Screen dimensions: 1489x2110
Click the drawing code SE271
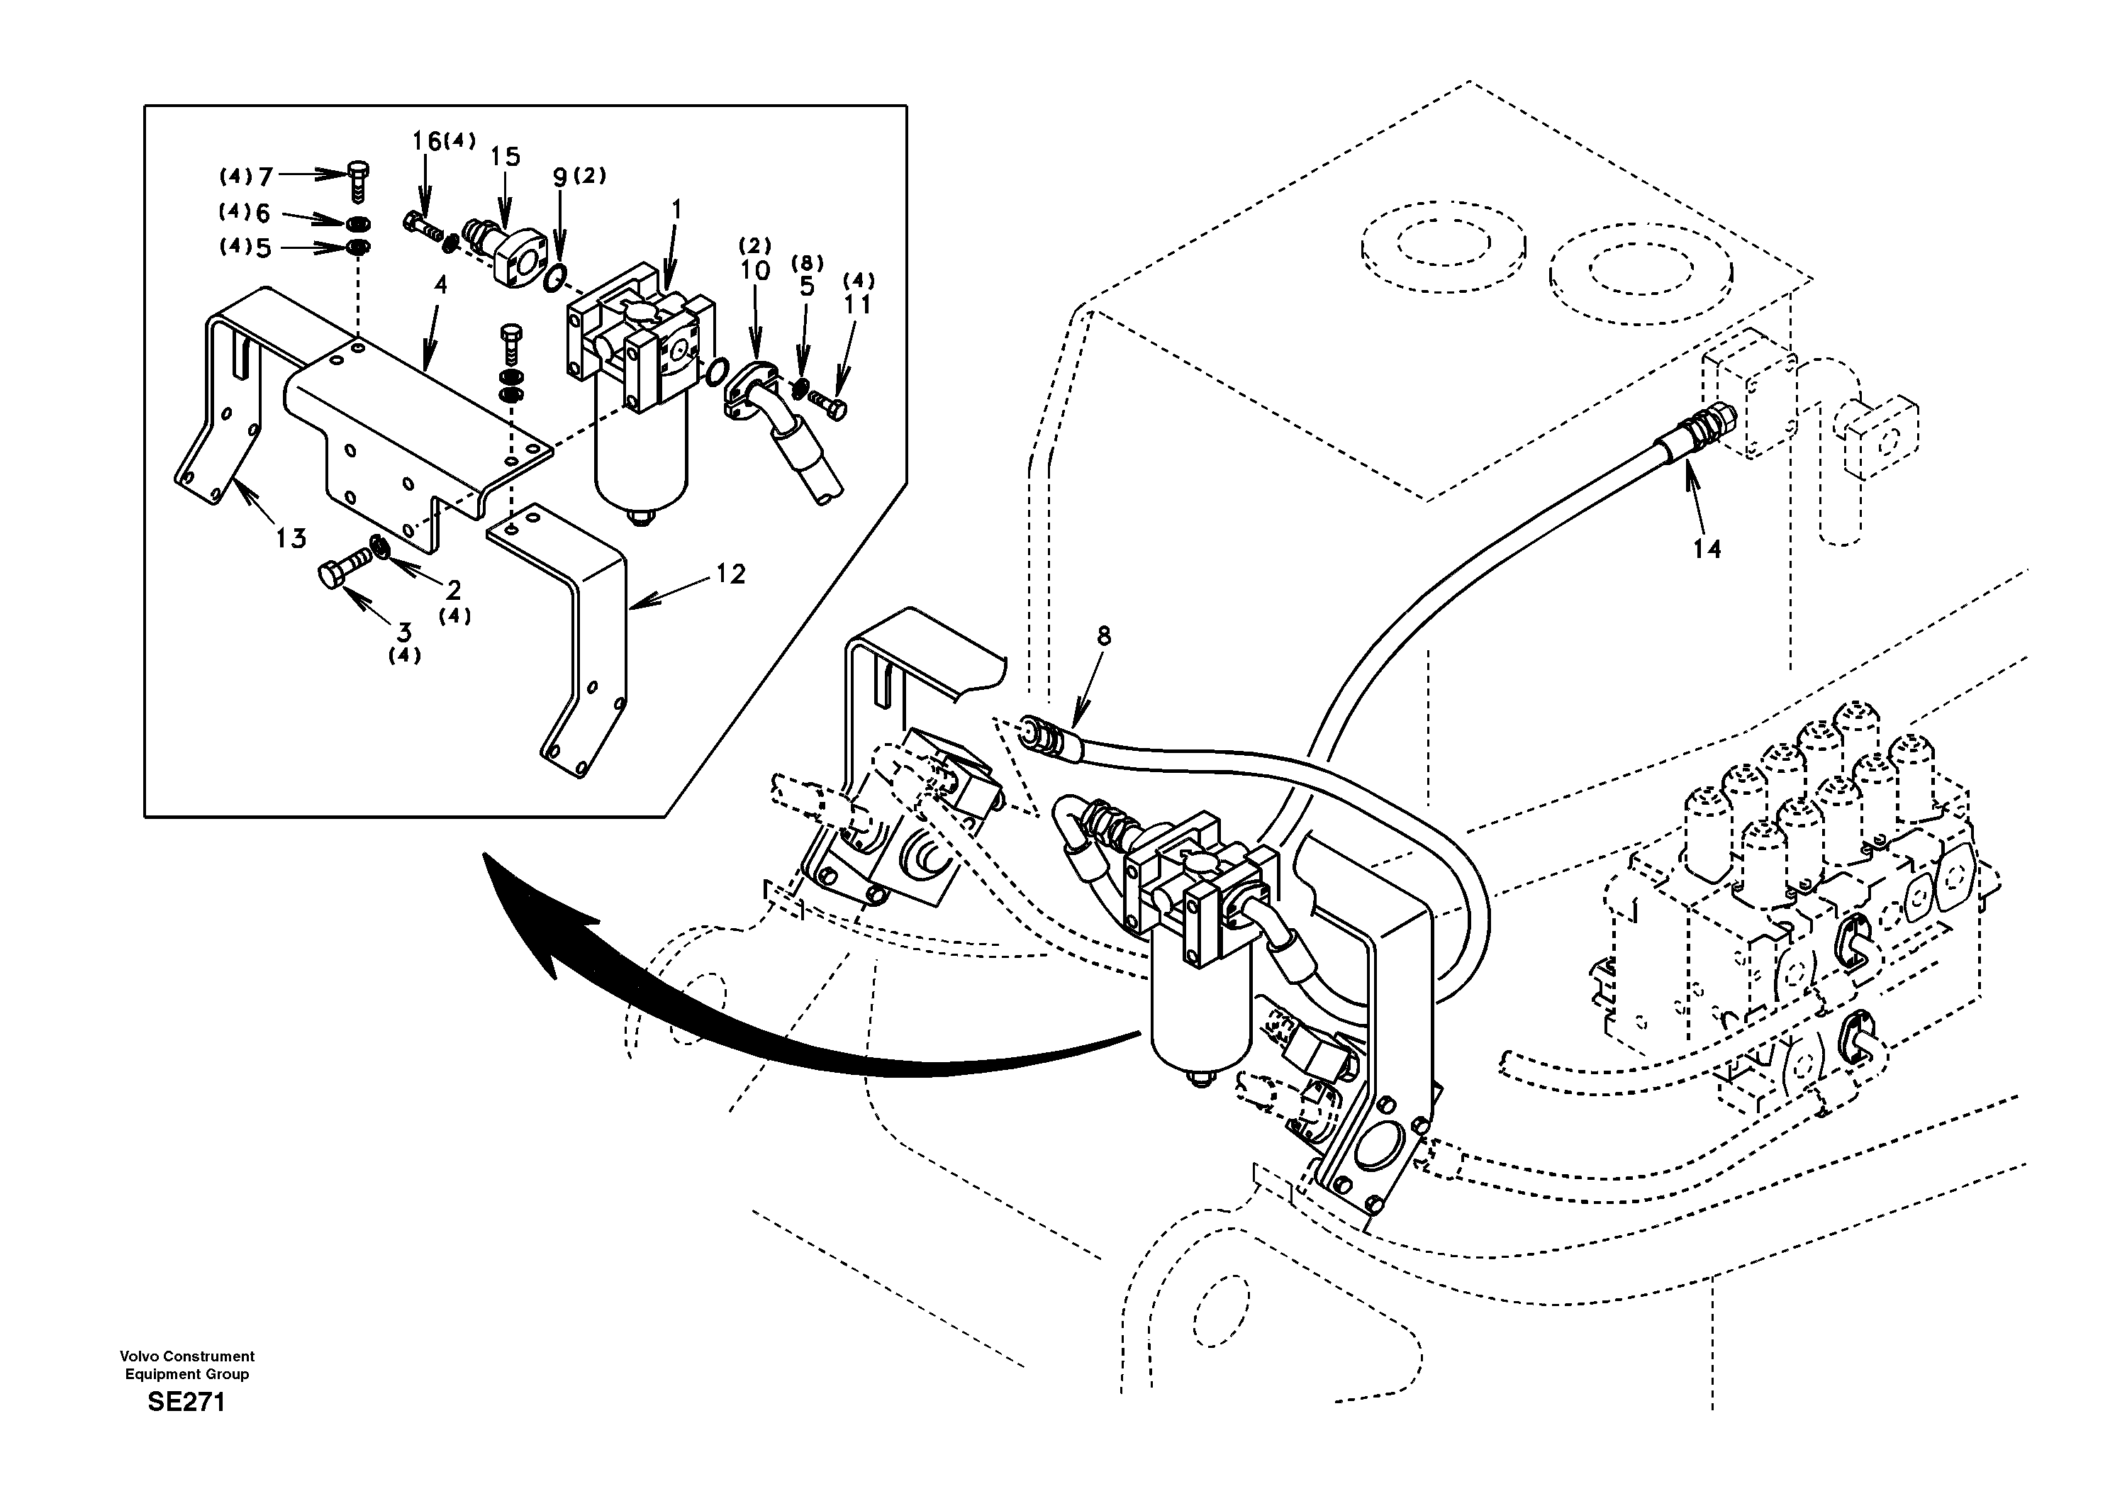pos(186,1402)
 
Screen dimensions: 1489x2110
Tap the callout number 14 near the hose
pos(1707,549)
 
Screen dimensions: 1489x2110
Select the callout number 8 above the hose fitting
pos(1104,635)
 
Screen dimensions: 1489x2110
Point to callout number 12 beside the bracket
pos(730,574)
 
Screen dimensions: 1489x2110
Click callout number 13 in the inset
pos(291,537)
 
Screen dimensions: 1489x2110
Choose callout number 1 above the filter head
pos(676,211)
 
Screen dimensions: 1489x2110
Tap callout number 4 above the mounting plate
pos(440,285)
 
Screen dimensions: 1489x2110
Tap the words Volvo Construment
pos(186,1356)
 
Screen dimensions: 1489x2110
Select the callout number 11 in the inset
pos(856,304)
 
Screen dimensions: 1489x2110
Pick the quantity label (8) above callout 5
pos(807,264)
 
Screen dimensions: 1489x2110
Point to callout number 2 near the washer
pos(453,589)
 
